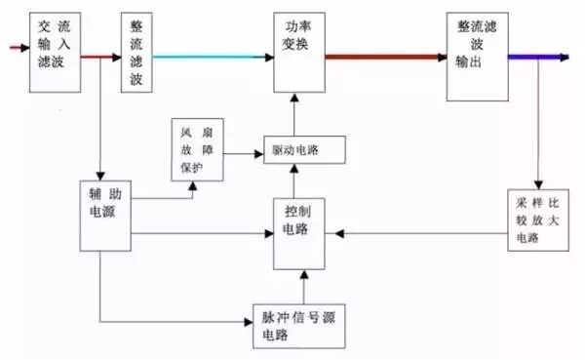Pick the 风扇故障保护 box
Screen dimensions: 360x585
click(x=198, y=149)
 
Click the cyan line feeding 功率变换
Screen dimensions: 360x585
click(x=210, y=57)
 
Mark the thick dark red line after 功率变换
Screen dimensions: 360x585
click(x=385, y=57)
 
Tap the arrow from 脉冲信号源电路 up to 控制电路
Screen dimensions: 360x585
click(x=303, y=286)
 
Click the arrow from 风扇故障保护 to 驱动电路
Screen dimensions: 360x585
click(x=244, y=153)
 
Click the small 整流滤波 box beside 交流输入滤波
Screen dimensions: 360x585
click(x=138, y=54)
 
